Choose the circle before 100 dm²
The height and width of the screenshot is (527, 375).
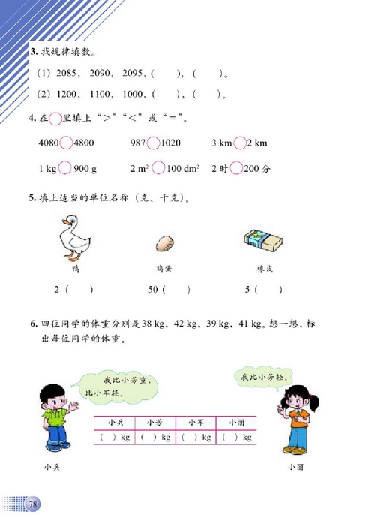(159, 169)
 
